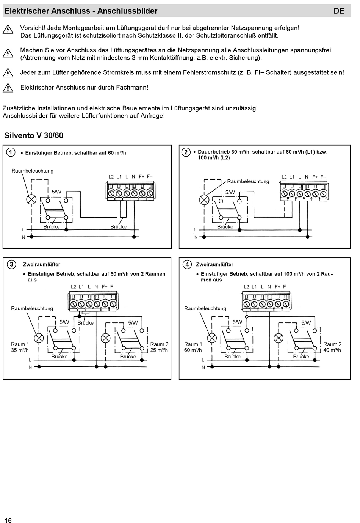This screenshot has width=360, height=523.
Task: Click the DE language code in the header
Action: (x=339, y=11)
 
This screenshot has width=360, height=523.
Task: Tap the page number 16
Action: (x=8, y=520)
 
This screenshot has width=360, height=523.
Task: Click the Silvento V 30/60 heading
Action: (x=34, y=135)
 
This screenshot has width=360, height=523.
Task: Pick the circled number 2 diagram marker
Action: (x=186, y=152)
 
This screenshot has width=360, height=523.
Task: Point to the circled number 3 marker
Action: (x=11, y=264)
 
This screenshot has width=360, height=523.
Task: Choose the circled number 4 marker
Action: (x=187, y=264)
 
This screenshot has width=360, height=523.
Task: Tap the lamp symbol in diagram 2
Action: (x=204, y=199)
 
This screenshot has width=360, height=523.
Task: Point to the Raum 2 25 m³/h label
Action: (x=159, y=347)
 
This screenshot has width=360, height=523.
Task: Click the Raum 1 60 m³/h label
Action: (x=193, y=347)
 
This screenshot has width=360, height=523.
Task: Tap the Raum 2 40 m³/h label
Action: (x=332, y=347)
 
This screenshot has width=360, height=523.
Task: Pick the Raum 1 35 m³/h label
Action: (x=20, y=347)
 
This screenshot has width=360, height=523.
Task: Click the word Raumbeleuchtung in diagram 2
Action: (x=248, y=181)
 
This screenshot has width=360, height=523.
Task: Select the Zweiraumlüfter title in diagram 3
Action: (x=42, y=264)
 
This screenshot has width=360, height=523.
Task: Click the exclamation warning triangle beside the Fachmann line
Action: (x=8, y=88)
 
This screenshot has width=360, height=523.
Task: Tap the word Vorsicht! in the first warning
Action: (x=33, y=28)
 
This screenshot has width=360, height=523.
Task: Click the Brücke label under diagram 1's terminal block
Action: (x=119, y=226)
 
